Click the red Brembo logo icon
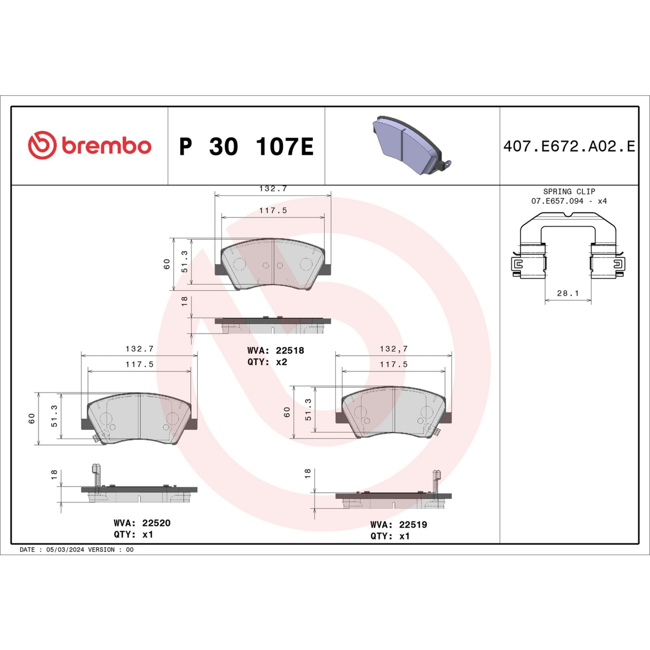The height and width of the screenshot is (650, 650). (42, 145)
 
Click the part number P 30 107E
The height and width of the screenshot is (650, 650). (246, 146)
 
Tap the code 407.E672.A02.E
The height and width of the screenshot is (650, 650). (569, 146)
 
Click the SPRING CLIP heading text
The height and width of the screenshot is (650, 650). (569, 191)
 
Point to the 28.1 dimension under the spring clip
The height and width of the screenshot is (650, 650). (568, 293)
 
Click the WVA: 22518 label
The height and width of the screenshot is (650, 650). (275, 351)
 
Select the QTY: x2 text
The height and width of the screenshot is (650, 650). (267, 362)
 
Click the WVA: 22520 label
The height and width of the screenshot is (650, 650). (142, 523)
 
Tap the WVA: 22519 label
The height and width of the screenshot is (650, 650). (399, 524)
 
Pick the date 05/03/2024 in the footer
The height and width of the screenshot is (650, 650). (65, 550)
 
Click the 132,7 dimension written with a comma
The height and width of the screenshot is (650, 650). (393, 349)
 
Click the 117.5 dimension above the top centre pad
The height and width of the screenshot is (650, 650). (273, 210)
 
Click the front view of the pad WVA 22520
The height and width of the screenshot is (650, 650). (139, 418)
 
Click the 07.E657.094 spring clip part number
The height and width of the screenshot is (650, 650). (557, 201)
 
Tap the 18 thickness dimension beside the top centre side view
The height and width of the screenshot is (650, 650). (184, 301)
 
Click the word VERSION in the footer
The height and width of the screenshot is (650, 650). (101, 550)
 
